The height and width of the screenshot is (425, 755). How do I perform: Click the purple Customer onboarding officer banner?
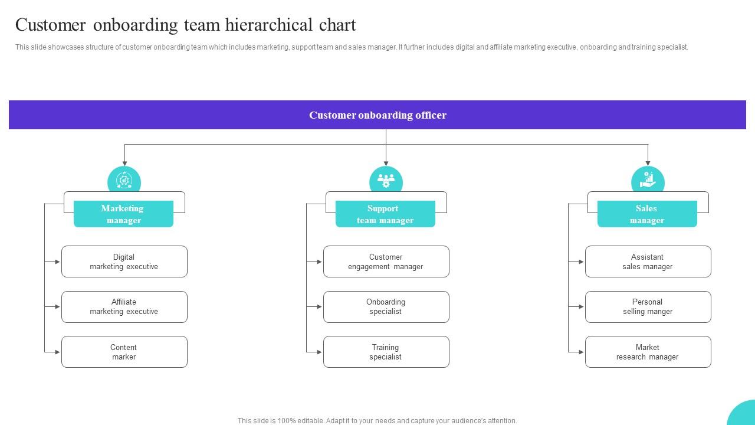coord(377,115)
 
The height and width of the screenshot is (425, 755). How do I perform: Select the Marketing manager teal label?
coord(123,214)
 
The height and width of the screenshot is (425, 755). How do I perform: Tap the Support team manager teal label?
coord(385,214)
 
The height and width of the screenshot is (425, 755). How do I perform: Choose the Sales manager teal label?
coord(647,214)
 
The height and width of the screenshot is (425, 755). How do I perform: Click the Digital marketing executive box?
coord(124,261)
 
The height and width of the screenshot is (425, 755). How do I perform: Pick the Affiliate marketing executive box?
coord(124,307)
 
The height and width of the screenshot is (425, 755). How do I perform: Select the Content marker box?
coord(124,352)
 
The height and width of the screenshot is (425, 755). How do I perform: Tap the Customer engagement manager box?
coord(386,261)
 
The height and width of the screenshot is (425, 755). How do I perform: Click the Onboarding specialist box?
coord(386,307)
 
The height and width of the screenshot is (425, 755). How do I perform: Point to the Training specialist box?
coord(386,352)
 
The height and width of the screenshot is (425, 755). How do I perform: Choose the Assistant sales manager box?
coord(648,261)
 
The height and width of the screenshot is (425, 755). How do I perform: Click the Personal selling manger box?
coord(648,307)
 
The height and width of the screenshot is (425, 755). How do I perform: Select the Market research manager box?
coord(648,352)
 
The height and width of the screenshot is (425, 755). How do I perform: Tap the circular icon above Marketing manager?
coord(124,180)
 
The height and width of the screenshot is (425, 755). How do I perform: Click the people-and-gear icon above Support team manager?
coord(386,180)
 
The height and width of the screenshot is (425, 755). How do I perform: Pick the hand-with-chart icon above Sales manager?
coord(648,180)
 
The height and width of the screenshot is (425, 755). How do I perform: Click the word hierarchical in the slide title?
coord(257,25)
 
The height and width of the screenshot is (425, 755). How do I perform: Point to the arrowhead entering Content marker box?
coord(57,352)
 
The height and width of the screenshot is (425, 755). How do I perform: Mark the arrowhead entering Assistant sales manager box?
coord(581,261)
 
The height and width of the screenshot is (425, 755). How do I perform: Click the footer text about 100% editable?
coord(377,421)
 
